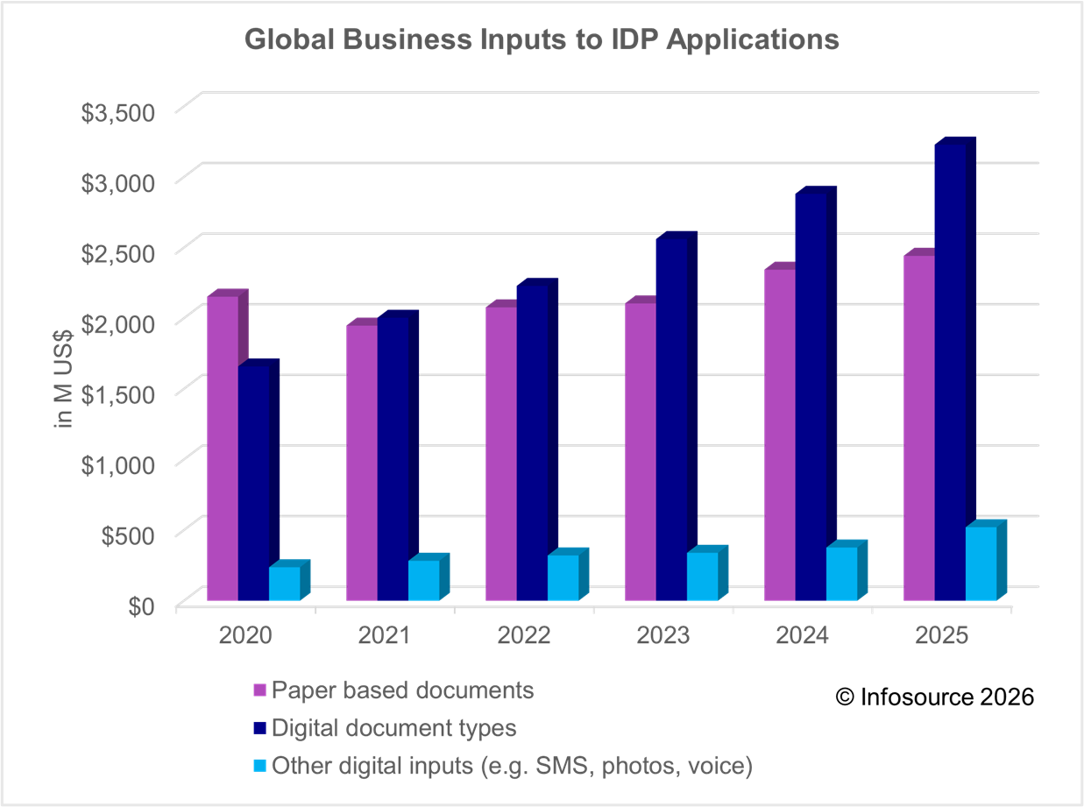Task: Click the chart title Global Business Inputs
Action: pos(541,40)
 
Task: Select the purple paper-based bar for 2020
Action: pos(222,447)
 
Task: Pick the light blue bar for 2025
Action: pos(981,563)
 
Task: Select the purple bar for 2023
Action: pos(640,451)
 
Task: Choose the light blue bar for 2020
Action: pos(284,584)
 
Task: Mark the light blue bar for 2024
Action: pos(841,573)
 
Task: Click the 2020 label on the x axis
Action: pos(245,635)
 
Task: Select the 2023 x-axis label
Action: pos(663,635)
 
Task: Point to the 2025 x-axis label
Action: pos(942,635)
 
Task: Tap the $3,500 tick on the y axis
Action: pos(118,113)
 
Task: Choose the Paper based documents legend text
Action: pos(402,690)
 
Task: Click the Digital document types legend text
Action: pos(394,728)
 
